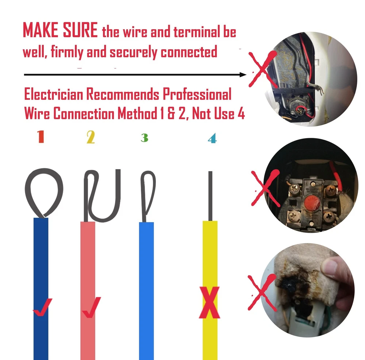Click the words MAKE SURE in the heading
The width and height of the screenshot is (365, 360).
point(60,30)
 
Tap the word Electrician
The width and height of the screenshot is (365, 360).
point(54,94)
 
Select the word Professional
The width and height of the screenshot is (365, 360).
point(197,94)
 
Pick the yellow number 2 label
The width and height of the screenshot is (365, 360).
point(91,137)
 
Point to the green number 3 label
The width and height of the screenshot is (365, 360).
point(145,138)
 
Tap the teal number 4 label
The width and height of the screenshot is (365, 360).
point(212,138)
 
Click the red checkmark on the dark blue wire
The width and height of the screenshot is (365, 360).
point(43,307)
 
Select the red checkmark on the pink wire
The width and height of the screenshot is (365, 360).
point(92,307)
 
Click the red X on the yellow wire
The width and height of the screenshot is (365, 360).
point(210,302)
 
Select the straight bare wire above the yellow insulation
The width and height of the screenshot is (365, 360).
point(211,196)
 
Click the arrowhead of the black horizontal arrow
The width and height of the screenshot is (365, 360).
point(243,75)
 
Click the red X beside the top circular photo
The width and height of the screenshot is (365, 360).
point(262,69)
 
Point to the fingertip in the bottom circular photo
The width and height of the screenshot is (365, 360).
point(331,267)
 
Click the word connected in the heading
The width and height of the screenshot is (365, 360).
point(189,52)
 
